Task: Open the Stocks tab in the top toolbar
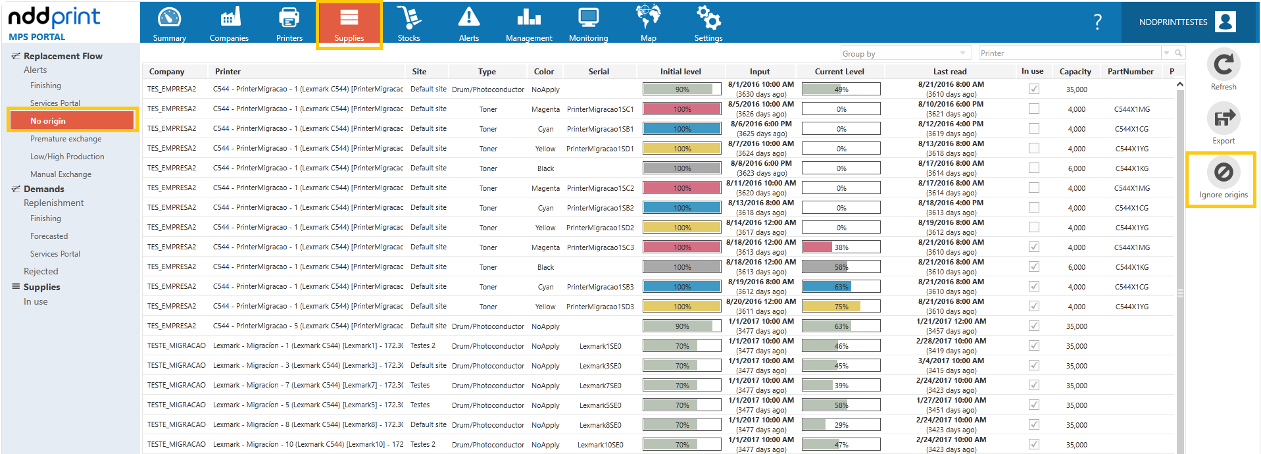(x=408, y=24)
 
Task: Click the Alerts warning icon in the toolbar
(x=469, y=17)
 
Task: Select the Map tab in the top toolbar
(x=649, y=24)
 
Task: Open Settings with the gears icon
(x=708, y=18)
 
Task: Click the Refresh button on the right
(x=1224, y=69)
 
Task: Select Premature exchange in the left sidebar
(x=66, y=139)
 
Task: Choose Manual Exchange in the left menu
(x=61, y=174)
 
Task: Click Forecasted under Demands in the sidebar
(x=49, y=236)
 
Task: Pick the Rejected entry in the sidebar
(x=41, y=271)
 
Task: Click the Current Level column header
(x=839, y=72)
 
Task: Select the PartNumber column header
(x=1130, y=72)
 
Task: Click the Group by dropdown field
(x=905, y=53)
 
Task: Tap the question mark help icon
(x=1097, y=22)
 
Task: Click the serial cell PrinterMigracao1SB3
(x=600, y=287)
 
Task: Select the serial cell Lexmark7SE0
(x=600, y=386)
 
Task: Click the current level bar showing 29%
(x=841, y=425)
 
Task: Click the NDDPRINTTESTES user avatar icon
(x=1225, y=22)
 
